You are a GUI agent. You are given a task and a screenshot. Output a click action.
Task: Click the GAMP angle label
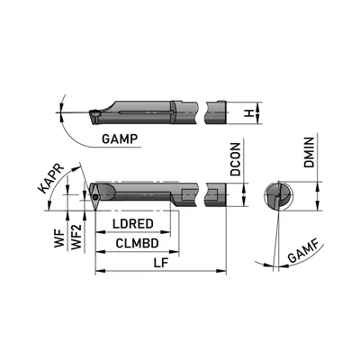tap(120, 139)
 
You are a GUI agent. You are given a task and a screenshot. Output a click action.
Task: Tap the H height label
tap(248, 113)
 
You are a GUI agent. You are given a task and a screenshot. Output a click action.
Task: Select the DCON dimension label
tap(236, 159)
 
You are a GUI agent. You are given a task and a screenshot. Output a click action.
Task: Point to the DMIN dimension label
tap(309, 152)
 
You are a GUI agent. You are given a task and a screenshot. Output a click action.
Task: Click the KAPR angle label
tap(50, 179)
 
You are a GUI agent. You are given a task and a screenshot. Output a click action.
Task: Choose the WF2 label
tap(76, 237)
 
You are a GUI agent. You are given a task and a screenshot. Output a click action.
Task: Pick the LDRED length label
tap(133, 224)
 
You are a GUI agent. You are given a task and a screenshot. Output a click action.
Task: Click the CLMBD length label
tap(137, 243)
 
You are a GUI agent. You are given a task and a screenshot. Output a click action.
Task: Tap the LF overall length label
tap(161, 263)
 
